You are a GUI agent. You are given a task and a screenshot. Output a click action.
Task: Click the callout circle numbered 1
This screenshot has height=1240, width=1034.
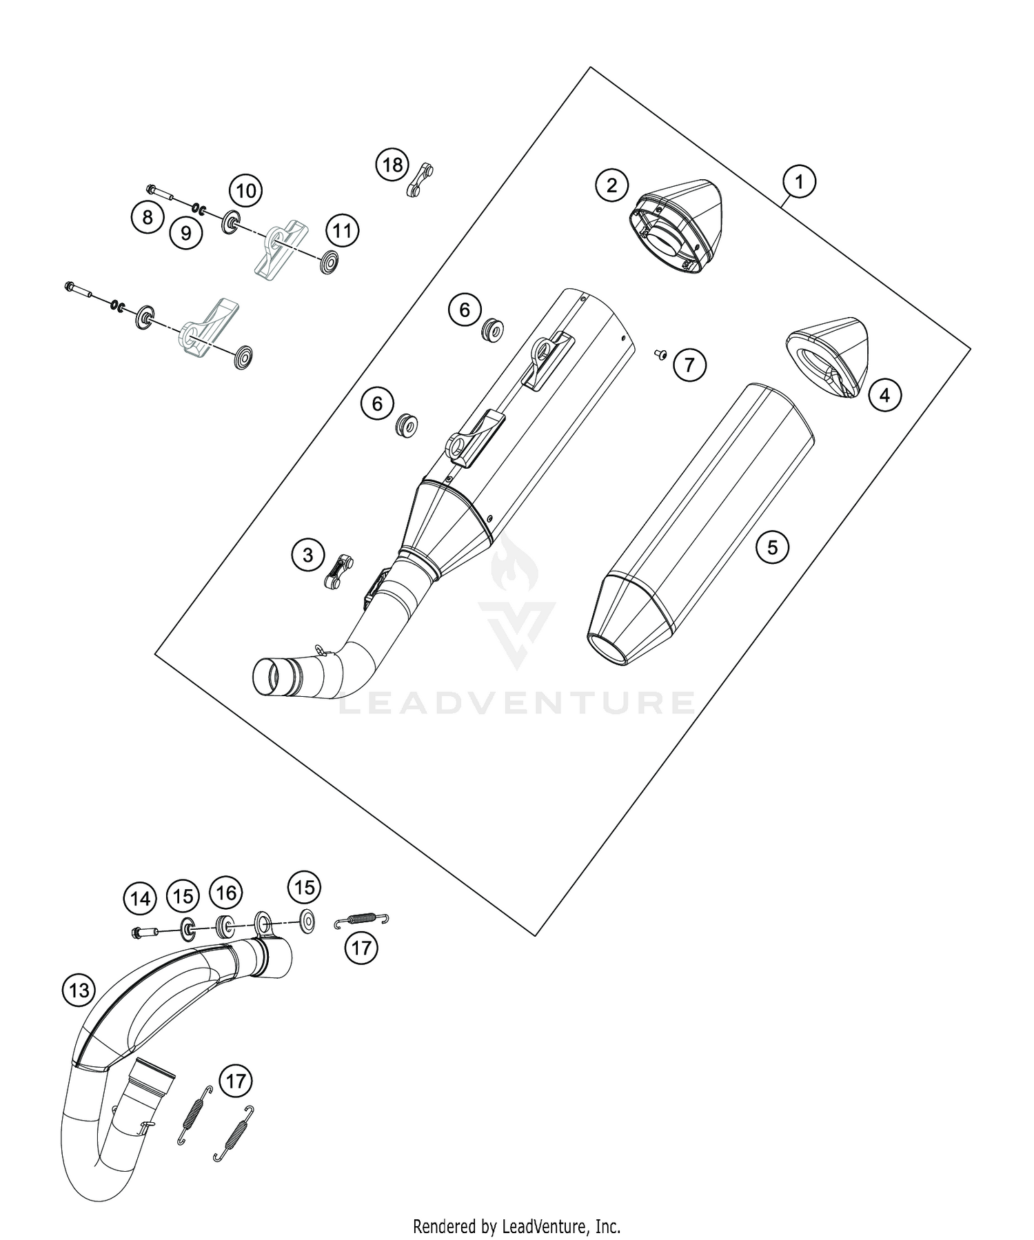click(799, 182)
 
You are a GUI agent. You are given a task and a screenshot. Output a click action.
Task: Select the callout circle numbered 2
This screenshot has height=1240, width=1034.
click(612, 185)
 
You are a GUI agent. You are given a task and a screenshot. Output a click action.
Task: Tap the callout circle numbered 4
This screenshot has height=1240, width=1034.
click(884, 395)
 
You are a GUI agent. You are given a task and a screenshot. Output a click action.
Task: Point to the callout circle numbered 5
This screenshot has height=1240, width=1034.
click(772, 547)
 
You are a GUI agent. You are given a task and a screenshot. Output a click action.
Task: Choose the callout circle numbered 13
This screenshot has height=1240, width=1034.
click(79, 990)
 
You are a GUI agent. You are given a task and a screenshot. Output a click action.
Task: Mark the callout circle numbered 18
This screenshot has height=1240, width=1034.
click(392, 165)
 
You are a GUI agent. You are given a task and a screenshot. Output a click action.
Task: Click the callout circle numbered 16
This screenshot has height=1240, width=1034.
click(226, 893)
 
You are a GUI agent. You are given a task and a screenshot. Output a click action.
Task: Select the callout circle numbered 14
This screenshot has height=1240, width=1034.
click(140, 899)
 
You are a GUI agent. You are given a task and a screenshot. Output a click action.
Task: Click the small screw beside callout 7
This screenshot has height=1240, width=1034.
click(660, 354)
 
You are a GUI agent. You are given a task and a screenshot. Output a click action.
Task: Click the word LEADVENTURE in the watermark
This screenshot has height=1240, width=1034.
click(518, 702)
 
